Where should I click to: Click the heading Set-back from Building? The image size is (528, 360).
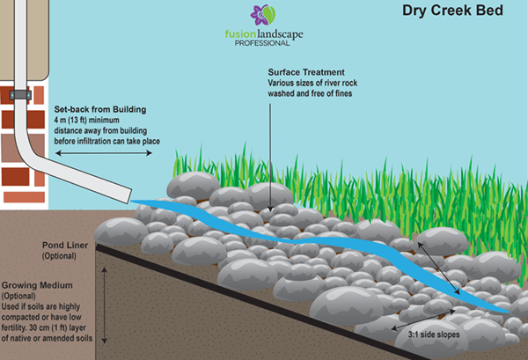pyautogui.click(x=99, y=110)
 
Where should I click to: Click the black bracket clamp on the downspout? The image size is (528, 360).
pyautogui.click(x=18, y=94)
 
